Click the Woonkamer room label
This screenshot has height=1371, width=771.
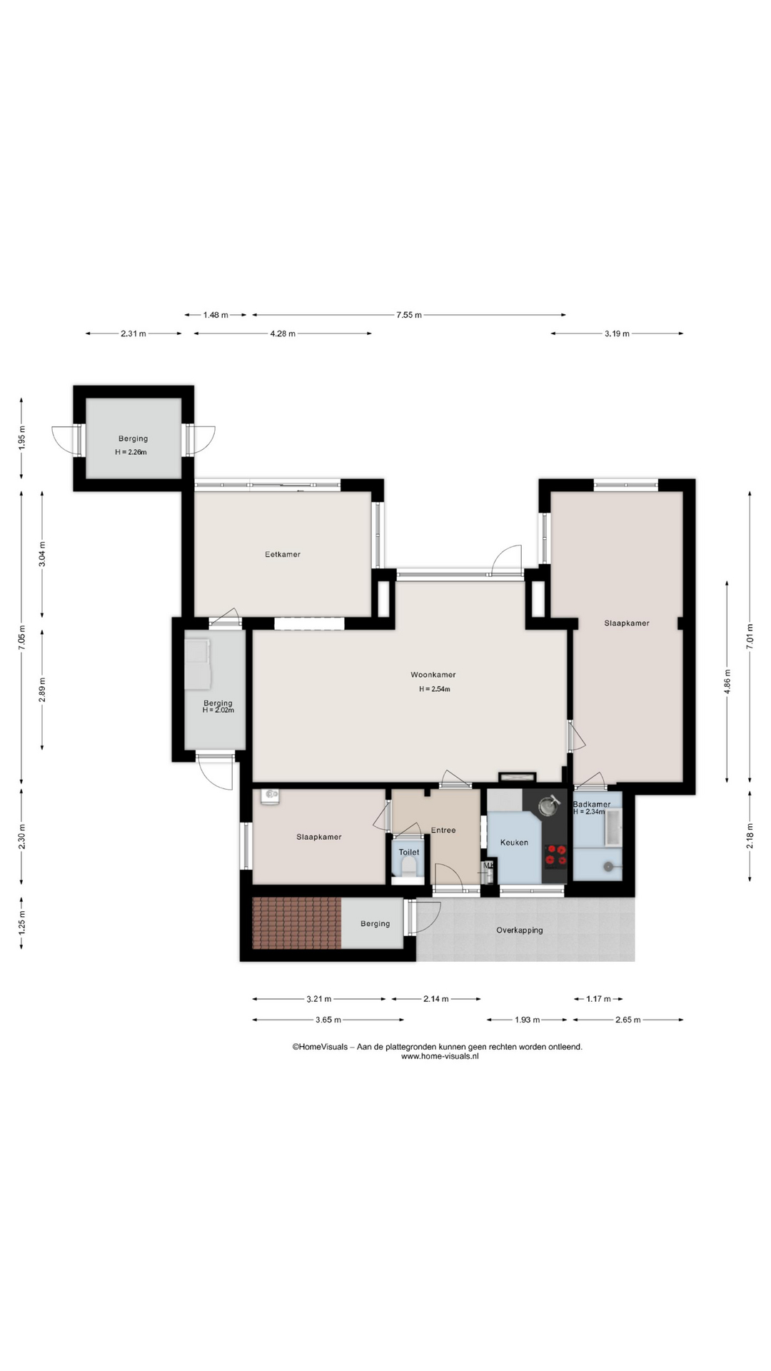click(x=433, y=675)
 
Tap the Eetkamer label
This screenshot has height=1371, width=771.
click(x=283, y=554)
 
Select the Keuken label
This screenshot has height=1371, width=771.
click(x=514, y=843)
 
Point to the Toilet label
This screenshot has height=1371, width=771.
click(x=409, y=852)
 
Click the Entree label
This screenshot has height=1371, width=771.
click(x=443, y=830)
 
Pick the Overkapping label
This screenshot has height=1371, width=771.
click(x=520, y=930)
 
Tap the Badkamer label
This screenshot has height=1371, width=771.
click(x=592, y=804)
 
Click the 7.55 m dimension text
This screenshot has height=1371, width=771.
click(x=409, y=315)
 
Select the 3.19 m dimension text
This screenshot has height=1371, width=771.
click(x=617, y=333)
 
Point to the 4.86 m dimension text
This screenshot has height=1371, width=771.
click(x=727, y=681)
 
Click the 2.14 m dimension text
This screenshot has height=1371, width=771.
click(x=435, y=999)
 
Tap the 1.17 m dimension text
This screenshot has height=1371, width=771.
click(x=598, y=999)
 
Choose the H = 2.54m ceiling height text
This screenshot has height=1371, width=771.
click(x=434, y=689)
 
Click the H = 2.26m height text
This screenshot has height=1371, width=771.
click(x=131, y=452)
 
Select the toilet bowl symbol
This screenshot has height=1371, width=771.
click(x=409, y=868)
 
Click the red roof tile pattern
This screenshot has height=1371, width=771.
click(x=297, y=923)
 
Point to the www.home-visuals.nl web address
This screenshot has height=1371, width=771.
click(x=439, y=1056)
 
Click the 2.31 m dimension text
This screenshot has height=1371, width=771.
click(x=133, y=333)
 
